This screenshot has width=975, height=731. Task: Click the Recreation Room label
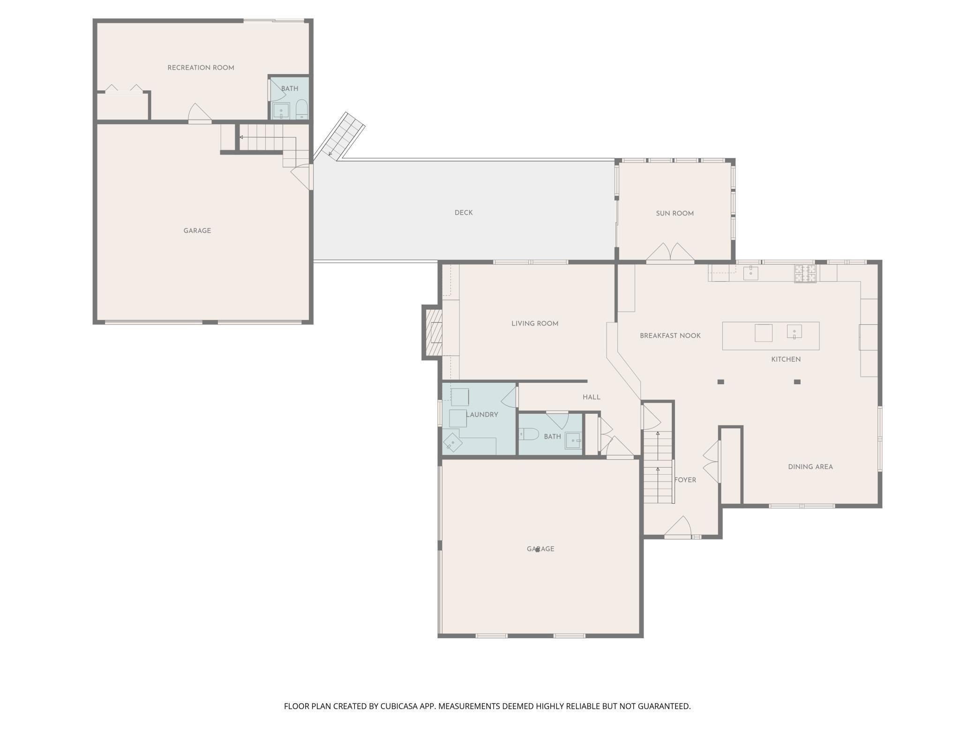coord(201,68)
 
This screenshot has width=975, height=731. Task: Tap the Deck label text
coord(464,213)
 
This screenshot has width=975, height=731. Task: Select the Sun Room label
coord(675,214)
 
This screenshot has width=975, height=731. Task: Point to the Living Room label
coord(535,324)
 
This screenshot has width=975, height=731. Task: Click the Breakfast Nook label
coord(670,336)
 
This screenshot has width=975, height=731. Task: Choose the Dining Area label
coord(810,467)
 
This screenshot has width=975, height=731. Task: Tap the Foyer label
coord(685,480)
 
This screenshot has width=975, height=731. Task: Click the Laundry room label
coord(482,415)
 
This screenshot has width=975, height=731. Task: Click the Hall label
coord(592,397)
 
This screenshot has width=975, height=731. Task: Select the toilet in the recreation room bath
coord(301,110)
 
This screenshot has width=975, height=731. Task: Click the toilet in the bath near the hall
coord(529,434)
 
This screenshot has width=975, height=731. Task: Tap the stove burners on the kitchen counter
coord(805,274)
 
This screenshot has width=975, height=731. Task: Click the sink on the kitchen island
coord(794,332)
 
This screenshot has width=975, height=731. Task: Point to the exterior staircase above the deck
coord(339,136)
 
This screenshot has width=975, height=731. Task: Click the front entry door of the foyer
coord(678,528)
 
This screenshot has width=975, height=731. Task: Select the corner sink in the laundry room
coord(453,443)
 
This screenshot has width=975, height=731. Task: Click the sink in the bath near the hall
coord(573,441)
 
